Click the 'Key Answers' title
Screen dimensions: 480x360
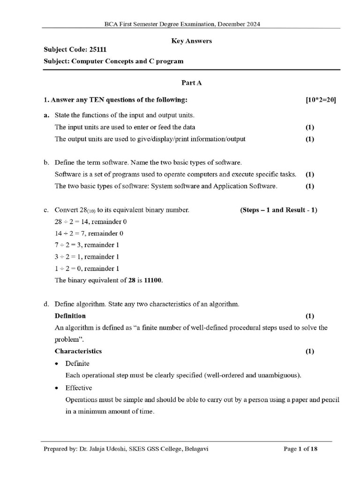(192, 41)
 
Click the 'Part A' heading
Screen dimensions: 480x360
(192, 82)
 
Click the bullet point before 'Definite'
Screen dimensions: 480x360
(57, 364)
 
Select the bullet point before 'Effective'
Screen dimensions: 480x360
(57, 388)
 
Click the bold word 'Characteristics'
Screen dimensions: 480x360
(78, 351)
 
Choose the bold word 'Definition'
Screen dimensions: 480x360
(70, 315)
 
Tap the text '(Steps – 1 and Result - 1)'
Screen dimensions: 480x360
(278, 210)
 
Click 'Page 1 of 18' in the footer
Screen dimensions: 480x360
(301, 449)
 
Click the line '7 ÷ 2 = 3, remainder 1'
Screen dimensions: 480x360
(87, 245)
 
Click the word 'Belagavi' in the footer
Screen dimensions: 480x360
(196, 449)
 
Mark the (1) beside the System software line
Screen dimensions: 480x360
(310, 186)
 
